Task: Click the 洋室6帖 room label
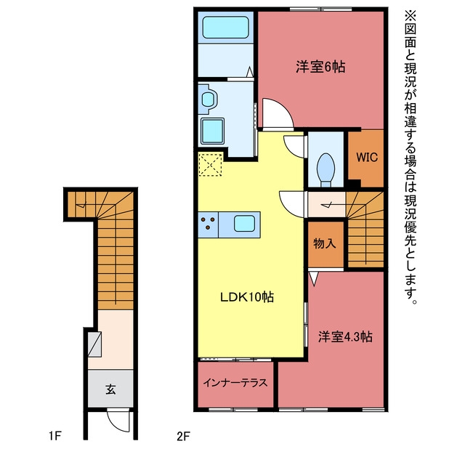320,67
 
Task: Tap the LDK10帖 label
247,297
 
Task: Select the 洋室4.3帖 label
345,336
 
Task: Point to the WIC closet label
366,157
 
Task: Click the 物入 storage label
325,243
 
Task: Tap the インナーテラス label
235,383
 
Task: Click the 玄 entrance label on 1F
110,389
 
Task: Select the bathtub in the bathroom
226,27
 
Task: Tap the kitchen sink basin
244,224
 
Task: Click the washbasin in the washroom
209,99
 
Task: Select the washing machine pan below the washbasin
212,131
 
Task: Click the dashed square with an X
210,164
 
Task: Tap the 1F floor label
55,436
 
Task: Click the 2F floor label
183,436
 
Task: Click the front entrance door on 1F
118,420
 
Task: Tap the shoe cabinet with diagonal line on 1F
94,344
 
